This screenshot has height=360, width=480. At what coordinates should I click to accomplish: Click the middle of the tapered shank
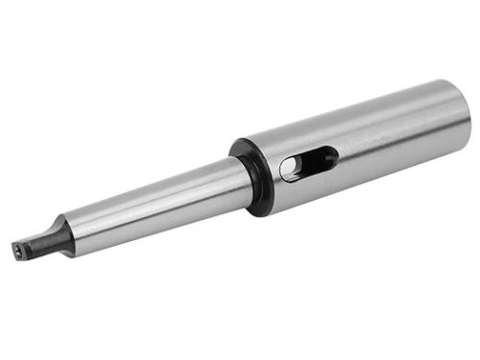coord(154,204)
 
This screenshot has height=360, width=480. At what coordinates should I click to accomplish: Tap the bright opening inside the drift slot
coord(292,170)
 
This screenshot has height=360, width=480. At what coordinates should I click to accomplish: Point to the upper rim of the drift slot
coord(307,151)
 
